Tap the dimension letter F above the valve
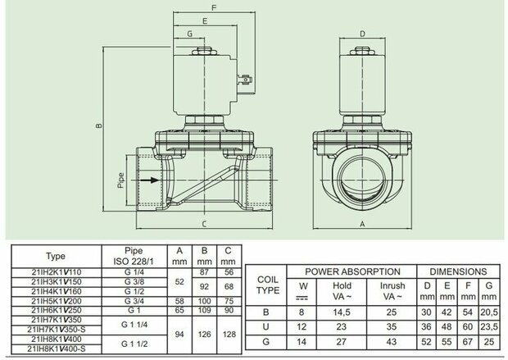(x=214, y=7)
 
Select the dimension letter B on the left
(x=99, y=125)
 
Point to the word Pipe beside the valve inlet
(x=120, y=180)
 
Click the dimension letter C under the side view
(x=204, y=224)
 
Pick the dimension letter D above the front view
(x=362, y=34)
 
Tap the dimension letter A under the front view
(x=362, y=224)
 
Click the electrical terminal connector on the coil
(x=245, y=80)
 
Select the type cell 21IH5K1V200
(x=57, y=301)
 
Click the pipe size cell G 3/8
(x=134, y=281)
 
